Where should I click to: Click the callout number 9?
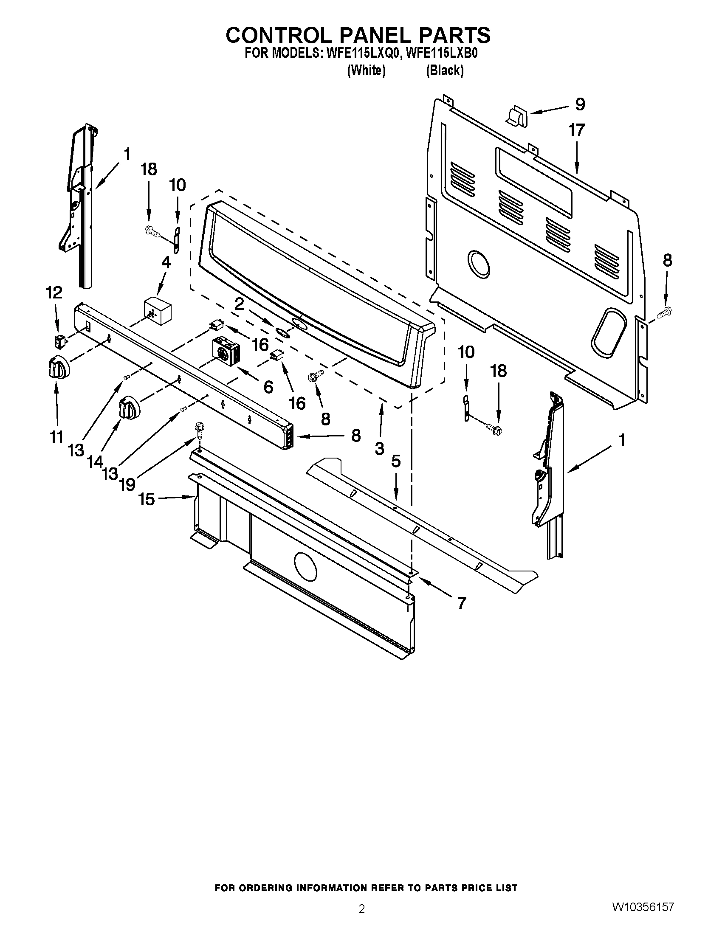click(x=580, y=104)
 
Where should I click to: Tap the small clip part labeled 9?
click(x=517, y=117)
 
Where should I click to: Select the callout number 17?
click(x=576, y=130)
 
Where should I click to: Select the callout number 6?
click(x=268, y=387)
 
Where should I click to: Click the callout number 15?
click(x=146, y=499)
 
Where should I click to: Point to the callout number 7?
click(x=461, y=603)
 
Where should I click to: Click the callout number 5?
click(x=396, y=461)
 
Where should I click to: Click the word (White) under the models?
click(x=366, y=70)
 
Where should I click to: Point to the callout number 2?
click(x=239, y=304)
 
